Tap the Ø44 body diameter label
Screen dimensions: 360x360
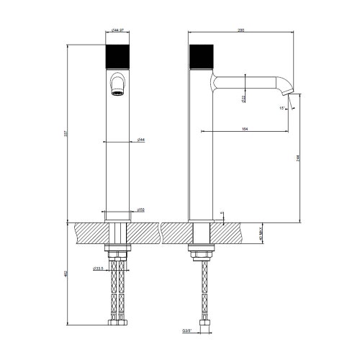[x=141, y=140]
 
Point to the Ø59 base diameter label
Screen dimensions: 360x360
[x=141, y=210]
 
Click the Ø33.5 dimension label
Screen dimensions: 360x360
[x=98, y=269]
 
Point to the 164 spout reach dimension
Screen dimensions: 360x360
[x=245, y=129]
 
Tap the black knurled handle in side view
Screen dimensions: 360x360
[x=200, y=57]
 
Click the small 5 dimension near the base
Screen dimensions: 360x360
[x=223, y=214]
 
